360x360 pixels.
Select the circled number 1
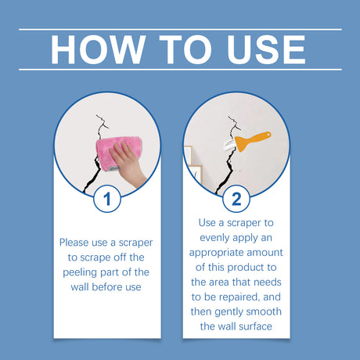click(107, 199)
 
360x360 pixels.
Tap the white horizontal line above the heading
click(180, 29)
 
